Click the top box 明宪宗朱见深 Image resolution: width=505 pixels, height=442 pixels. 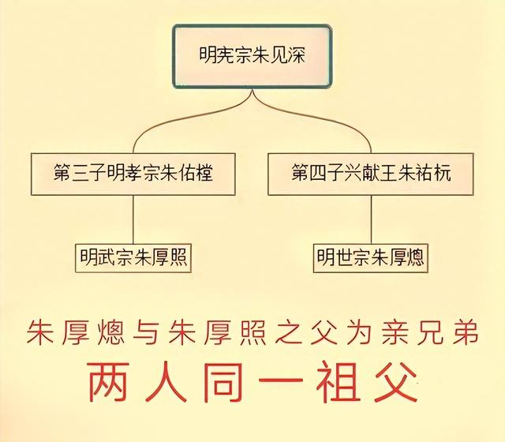click(252, 57)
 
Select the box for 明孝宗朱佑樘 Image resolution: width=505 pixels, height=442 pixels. click(133, 172)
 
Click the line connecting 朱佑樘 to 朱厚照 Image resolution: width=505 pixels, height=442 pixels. click(133, 219)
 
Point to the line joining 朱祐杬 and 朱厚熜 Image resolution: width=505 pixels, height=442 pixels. click(372, 219)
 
